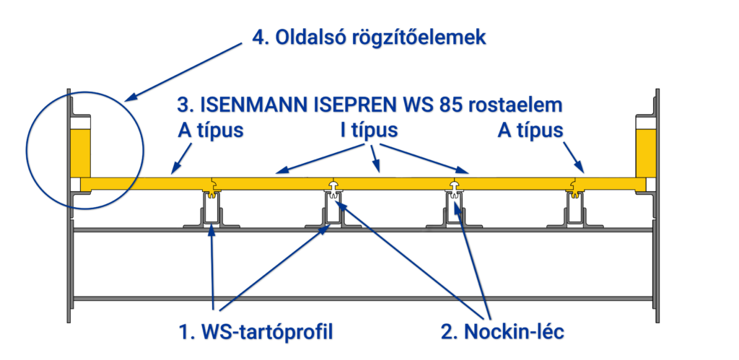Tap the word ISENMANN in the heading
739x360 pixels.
coord(253,105)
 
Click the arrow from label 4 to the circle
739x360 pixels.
coord(184,69)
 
